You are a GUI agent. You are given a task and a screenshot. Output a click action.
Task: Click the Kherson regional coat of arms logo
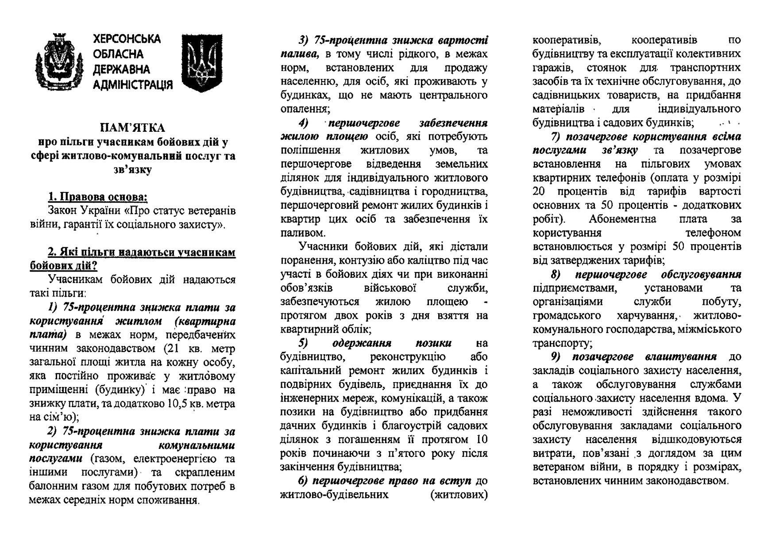59,61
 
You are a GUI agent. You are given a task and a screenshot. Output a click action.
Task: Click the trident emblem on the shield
201,63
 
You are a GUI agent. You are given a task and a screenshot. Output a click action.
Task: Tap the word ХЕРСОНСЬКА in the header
127,39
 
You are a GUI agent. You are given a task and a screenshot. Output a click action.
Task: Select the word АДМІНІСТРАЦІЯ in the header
133,84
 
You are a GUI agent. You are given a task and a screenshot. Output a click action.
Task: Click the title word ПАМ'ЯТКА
132,128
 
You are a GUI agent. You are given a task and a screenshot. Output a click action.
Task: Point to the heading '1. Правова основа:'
97,197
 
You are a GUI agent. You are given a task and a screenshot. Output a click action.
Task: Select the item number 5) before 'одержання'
303,343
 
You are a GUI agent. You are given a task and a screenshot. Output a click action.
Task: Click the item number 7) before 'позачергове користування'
556,137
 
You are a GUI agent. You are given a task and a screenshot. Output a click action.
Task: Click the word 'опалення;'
305,109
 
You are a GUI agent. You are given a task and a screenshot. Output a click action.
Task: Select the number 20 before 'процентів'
540,192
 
